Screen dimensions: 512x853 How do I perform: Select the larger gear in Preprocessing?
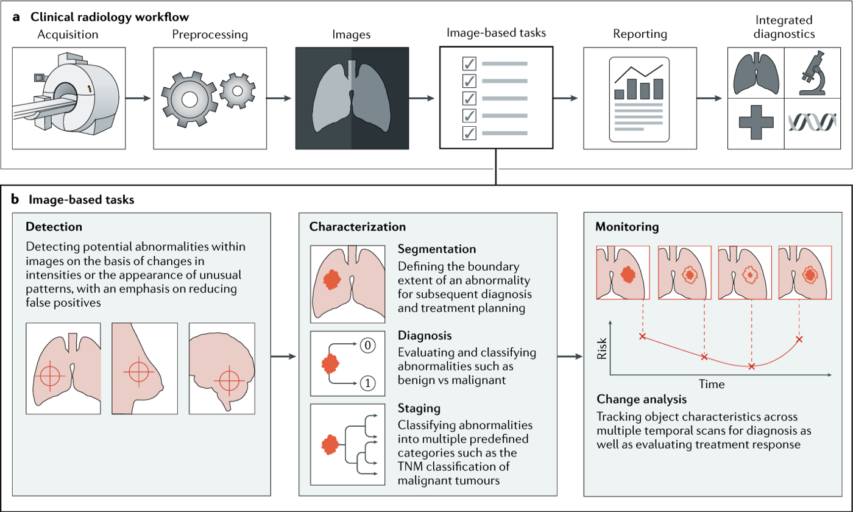[189, 99]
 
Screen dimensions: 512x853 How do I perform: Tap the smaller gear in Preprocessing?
[236, 90]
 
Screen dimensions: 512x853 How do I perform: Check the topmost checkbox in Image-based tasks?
[469, 63]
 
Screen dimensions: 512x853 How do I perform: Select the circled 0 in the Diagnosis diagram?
[367, 345]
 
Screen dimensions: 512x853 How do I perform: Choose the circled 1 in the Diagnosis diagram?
[367, 383]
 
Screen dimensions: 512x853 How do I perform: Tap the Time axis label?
[712, 385]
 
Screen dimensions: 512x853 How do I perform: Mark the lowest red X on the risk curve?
[751, 366]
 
